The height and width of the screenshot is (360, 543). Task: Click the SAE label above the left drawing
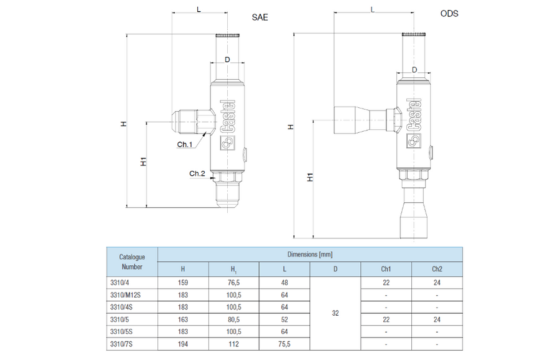[x=260, y=17]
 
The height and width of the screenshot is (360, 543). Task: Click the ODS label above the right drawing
[x=449, y=14]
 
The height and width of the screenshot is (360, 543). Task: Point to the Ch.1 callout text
[x=185, y=144]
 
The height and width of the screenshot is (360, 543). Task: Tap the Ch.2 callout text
[x=197, y=173]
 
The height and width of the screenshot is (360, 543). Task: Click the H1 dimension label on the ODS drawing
[x=310, y=177]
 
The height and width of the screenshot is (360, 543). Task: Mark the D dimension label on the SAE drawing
[x=227, y=59]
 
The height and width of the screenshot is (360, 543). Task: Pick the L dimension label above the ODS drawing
[x=373, y=10]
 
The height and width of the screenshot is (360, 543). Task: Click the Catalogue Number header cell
[x=132, y=261]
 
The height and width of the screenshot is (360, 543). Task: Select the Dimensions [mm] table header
[x=310, y=255]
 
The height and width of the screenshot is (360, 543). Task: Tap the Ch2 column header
[x=437, y=269]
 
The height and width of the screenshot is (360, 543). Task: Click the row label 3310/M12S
[x=125, y=295]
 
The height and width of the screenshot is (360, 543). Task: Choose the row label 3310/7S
[x=121, y=344]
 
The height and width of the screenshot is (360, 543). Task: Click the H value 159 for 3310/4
[x=183, y=283]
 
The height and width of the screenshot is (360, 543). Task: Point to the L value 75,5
[x=285, y=344]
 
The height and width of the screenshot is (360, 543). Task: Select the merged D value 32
[x=335, y=313]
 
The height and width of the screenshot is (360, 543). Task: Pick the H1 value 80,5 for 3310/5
[x=234, y=319]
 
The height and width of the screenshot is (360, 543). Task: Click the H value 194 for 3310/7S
[x=183, y=344]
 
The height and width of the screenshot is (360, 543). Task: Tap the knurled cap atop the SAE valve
[x=228, y=35]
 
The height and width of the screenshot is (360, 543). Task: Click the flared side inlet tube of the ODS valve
[x=360, y=120]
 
